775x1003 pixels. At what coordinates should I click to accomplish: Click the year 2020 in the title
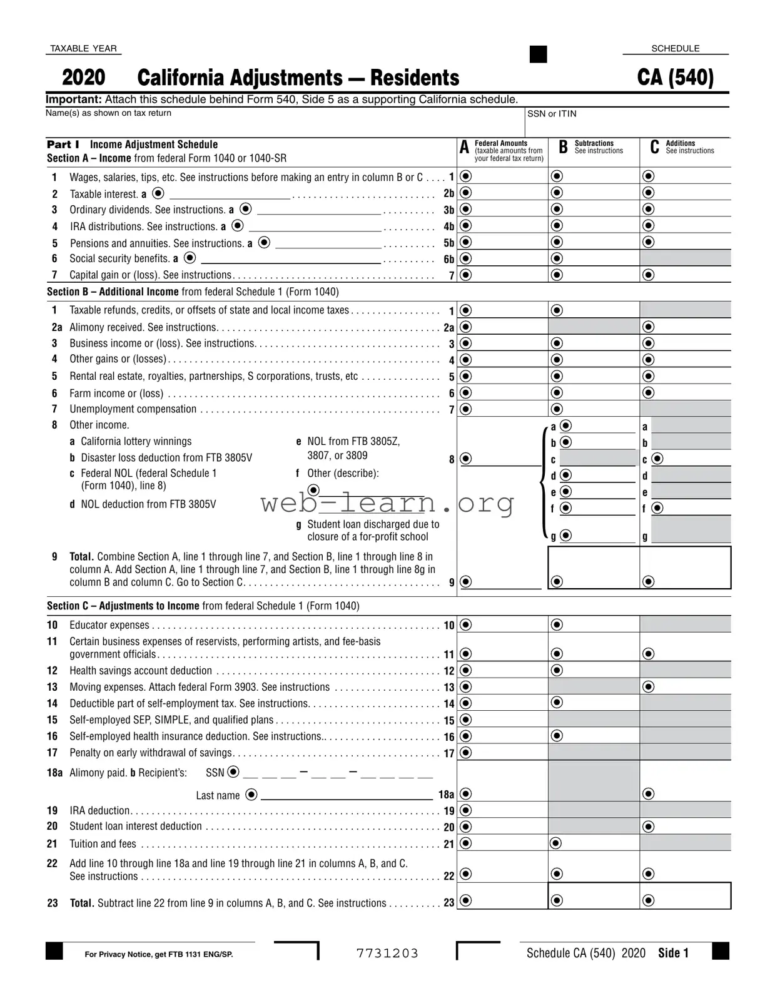coord(84,78)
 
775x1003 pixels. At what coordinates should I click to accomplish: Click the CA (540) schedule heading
coord(675,78)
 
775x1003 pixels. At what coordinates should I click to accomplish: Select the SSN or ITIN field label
coord(552,114)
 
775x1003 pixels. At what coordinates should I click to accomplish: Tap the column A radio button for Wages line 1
coord(466,176)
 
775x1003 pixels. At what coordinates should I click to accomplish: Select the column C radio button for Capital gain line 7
coord(649,275)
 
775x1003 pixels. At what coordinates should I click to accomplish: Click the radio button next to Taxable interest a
coord(159,193)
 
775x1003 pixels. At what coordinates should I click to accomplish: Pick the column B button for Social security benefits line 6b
coord(557,258)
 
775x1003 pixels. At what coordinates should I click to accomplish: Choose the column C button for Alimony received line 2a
coord(649,327)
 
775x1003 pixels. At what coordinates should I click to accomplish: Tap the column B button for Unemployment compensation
coord(557,409)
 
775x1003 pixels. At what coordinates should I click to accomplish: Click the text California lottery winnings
coord(136,441)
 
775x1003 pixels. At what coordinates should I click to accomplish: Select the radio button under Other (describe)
coord(313,489)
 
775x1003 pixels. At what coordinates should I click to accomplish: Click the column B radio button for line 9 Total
coord(557,582)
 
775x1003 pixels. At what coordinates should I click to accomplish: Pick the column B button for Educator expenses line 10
coord(557,625)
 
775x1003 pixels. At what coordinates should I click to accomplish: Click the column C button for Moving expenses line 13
coord(649,687)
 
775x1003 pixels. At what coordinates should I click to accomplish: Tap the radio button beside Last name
coord(251,795)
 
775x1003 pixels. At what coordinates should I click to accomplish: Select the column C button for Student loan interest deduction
coord(649,827)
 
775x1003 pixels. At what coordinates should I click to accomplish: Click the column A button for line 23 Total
coord(466,900)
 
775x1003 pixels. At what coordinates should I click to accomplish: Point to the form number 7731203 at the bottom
coord(387,953)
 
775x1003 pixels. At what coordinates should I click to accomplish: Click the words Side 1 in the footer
coord(673,953)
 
